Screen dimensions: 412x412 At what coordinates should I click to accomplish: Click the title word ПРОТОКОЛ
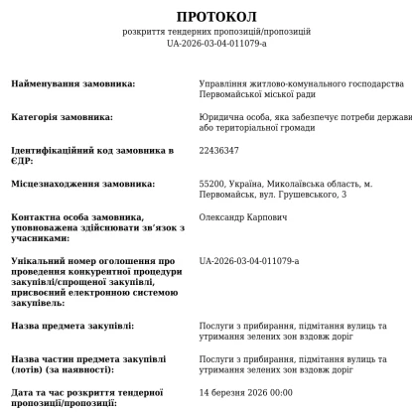pos(216,17)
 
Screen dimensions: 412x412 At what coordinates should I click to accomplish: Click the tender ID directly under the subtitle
pos(216,44)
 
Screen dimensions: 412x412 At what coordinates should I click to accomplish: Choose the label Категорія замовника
pos(62,117)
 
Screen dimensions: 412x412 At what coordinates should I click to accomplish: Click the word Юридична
pos(222,117)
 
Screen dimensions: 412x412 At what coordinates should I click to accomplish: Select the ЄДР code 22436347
pos(219,150)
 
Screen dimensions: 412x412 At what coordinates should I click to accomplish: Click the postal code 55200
pos(213,183)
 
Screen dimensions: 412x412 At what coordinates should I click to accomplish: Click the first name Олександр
pos(226,215)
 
